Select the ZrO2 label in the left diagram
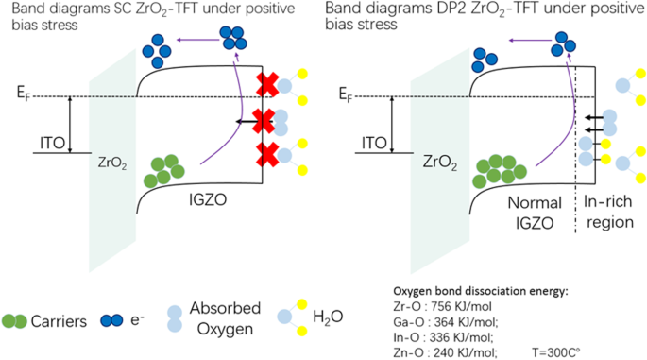111,162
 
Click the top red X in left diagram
267,83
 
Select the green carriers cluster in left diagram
162,170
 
